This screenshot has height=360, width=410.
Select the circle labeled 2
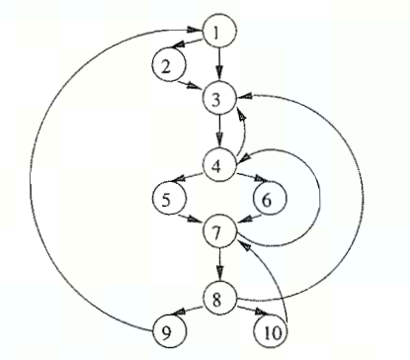[167, 66]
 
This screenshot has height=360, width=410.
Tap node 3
[218, 98]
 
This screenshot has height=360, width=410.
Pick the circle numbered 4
[219, 162]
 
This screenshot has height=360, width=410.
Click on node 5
[168, 199]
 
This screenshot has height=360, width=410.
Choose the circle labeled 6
[268, 199]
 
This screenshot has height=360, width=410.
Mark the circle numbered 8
[219, 296]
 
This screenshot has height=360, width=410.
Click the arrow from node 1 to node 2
[191, 46]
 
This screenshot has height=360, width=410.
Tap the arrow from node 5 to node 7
[193, 216]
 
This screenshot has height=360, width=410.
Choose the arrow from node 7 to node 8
[219, 264]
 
